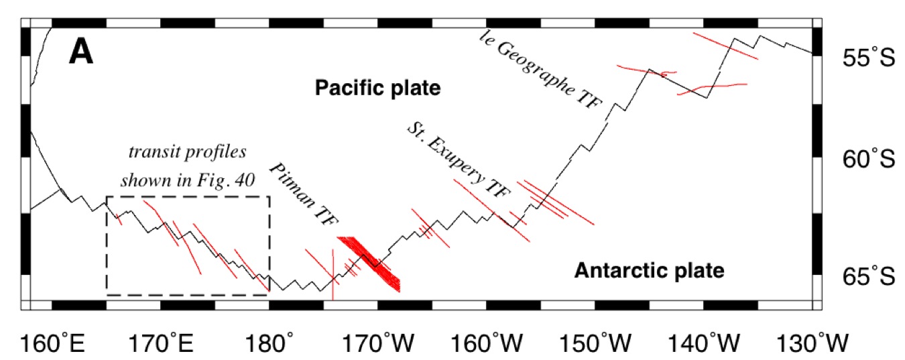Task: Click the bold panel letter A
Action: [80, 52]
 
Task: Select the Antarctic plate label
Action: [650, 271]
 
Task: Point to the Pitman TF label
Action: [304, 196]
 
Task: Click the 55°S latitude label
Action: [868, 59]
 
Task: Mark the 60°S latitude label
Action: [868, 160]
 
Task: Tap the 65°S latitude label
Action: [868, 276]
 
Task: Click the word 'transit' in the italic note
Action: [149, 151]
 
